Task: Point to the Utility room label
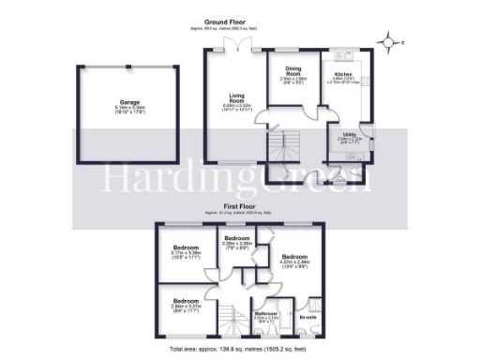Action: (x=349, y=137)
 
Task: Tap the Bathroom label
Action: (x=267, y=315)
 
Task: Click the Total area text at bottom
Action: (x=239, y=350)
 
